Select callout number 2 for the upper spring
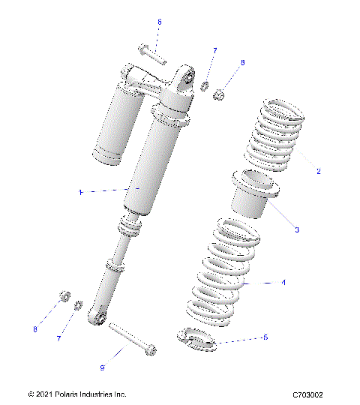(x=318, y=171)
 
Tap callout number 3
(x=296, y=229)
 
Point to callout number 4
(x=283, y=283)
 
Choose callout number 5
(x=265, y=337)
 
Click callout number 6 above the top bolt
(x=159, y=22)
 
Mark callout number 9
(x=102, y=368)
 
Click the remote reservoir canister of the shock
(x=116, y=120)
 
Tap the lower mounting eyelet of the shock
(x=95, y=318)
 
